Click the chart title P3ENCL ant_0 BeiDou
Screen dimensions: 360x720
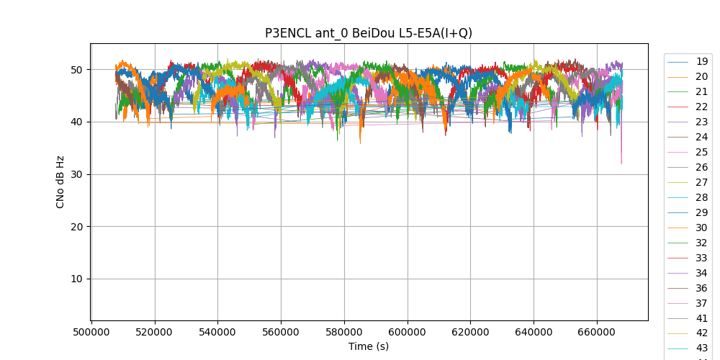click(369, 33)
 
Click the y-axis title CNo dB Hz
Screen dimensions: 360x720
click(60, 182)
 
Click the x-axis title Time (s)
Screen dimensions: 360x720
click(369, 346)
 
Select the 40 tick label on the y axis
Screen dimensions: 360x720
click(77, 122)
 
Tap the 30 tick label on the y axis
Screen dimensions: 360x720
click(77, 174)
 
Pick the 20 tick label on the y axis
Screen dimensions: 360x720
click(77, 227)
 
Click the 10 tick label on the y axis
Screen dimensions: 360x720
click(77, 279)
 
